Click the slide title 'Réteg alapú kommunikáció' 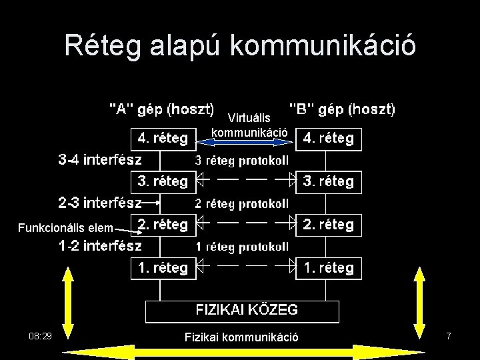240,45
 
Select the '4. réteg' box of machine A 162,139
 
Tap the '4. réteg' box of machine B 328,139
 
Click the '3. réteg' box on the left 162,181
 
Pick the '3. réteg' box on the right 328,181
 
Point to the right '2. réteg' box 328,225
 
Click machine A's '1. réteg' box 162,268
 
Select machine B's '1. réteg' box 328,268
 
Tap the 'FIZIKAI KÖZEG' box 243,310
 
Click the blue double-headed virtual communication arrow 251,141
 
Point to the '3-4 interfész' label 100,160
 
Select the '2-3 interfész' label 100,201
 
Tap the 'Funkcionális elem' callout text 75,228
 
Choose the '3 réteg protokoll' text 241,161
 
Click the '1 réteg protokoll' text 241,247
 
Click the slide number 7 449,337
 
